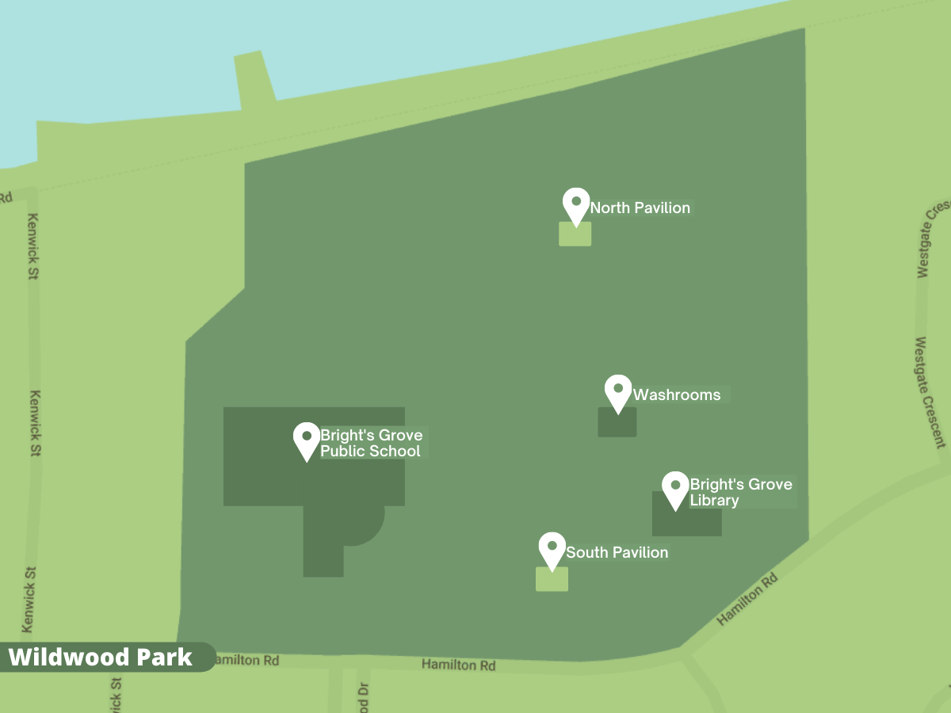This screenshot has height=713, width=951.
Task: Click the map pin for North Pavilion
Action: point(576,204)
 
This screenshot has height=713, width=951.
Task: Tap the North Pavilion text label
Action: point(640,208)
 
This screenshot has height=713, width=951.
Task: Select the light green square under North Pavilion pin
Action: point(575,234)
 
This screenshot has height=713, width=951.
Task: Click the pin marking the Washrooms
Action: point(618,391)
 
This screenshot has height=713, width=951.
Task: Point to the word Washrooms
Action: point(677,395)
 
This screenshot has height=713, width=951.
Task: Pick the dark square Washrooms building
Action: point(617,423)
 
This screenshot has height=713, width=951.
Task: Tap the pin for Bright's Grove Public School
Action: point(307,439)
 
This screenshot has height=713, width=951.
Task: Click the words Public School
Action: point(370,452)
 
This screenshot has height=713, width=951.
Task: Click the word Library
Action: point(714,501)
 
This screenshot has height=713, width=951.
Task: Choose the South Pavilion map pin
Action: point(552,548)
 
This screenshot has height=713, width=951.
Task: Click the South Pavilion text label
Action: point(617,552)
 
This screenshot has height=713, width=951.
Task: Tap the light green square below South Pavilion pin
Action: point(552,579)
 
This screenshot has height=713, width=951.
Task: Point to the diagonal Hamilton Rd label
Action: point(747,600)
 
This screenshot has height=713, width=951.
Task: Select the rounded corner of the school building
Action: point(368,526)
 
